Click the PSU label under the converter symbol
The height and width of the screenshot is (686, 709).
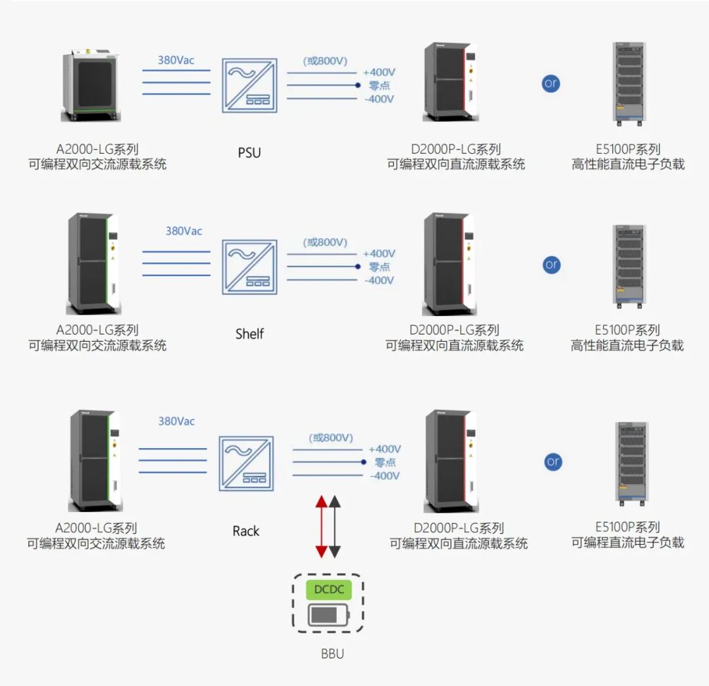coord(249,153)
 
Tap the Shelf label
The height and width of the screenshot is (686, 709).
coord(249,334)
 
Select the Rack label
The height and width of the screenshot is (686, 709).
coord(246,531)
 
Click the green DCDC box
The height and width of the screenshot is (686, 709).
coord(329,589)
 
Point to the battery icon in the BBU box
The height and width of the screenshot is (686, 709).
coord(329,616)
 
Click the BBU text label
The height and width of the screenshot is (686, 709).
coord(332,654)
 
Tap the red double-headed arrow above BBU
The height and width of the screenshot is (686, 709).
coord(321,527)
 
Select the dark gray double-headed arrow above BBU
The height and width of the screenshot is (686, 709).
coord(335,527)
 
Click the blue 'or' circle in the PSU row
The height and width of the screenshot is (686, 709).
coord(551,84)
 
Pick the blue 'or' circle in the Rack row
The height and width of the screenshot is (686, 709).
coord(553,462)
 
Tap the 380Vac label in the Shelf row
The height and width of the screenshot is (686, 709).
coord(184,231)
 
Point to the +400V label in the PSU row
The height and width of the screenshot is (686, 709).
coord(379,72)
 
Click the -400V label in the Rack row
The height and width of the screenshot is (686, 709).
coord(385,476)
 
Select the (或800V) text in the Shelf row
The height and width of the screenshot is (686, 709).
coord(325,242)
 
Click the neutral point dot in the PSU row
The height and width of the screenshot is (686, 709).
coord(358,85)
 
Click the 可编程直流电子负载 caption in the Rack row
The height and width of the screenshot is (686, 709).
coord(628,543)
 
